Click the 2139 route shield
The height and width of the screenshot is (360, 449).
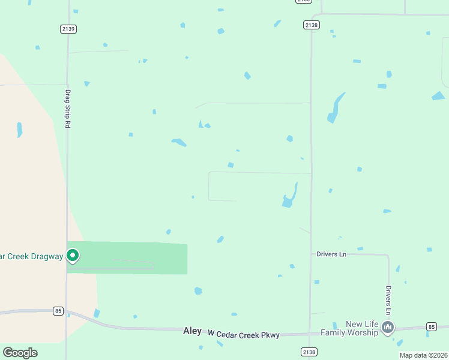(x=68, y=29)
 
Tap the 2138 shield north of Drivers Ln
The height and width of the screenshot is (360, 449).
(x=311, y=25)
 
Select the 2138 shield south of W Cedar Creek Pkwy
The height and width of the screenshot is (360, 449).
(x=309, y=352)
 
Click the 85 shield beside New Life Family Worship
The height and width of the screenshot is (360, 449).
(x=431, y=326)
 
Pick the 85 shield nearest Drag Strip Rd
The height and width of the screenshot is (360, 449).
(x=58, y=311)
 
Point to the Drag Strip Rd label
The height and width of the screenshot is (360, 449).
(x=68, y=108)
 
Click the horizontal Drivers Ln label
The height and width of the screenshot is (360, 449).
(x=331, y=254)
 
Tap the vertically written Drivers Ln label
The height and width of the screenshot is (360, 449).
(x=388, y=299)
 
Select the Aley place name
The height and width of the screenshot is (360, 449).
(x=192, y=331)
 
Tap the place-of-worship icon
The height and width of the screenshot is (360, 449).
(x=388, y=328)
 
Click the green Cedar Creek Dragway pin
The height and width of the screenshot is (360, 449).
(x=73, y=256)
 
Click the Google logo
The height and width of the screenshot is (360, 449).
(x=20, y=353)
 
